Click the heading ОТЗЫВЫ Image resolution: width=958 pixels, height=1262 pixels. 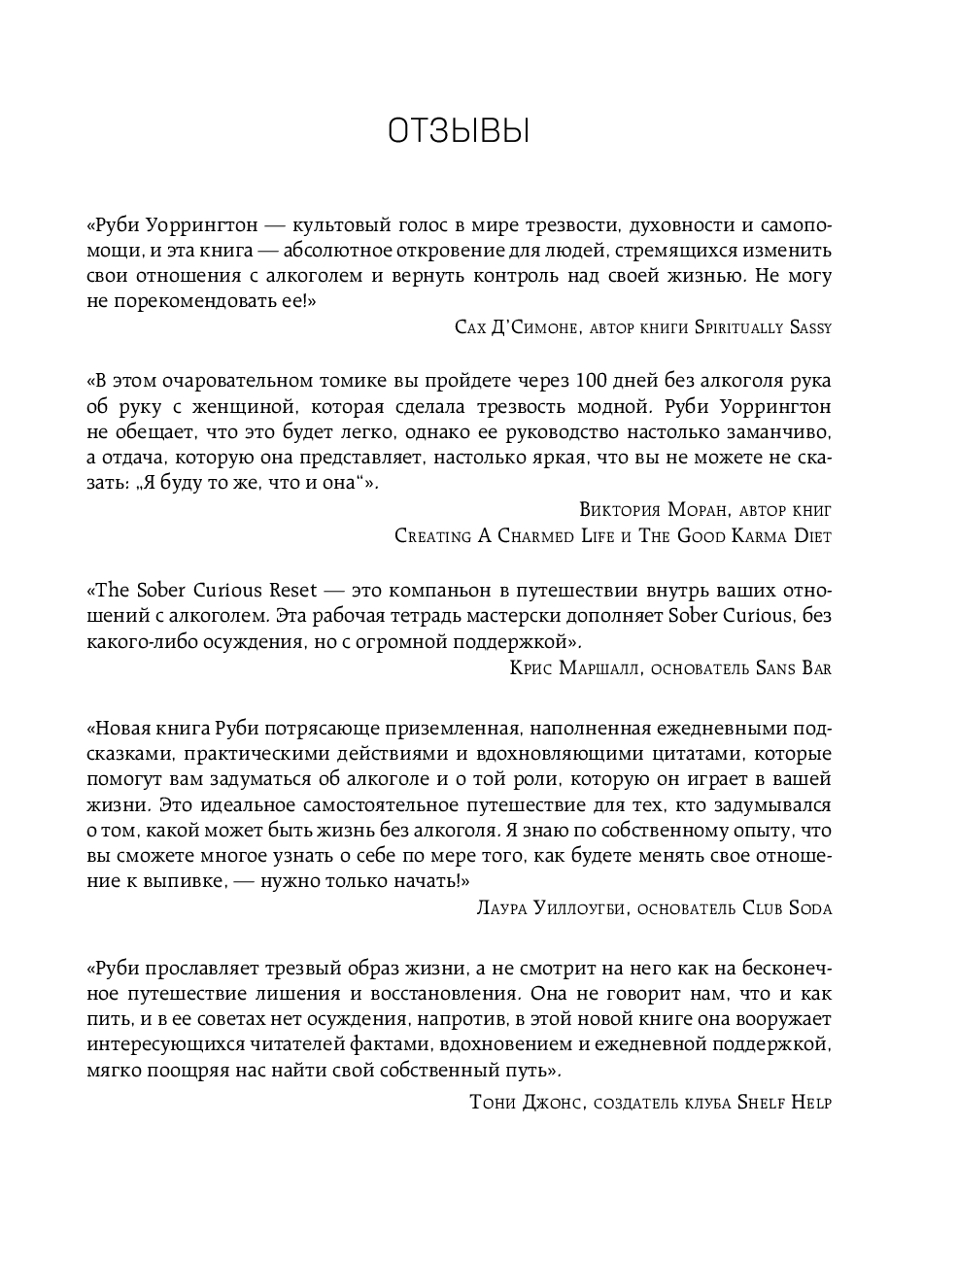[x=458, y=133]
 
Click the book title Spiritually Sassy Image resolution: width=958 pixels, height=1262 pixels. [x=763, y=327]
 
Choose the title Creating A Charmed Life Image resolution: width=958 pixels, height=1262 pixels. [x=504, y=535]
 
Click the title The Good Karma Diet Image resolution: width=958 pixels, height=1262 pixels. [x=735, y=535]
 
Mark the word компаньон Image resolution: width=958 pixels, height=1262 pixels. [x=456, y=590]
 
